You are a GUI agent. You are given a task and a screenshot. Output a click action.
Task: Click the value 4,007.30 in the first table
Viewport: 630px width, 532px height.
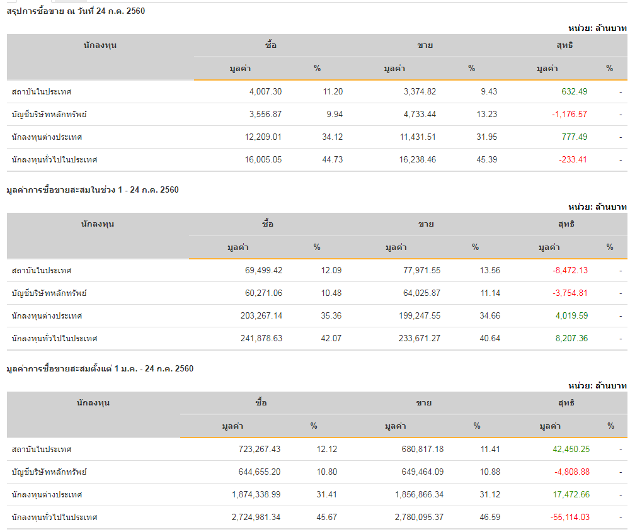pos(265,92)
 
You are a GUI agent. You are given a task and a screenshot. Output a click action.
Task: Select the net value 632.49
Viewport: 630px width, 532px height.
pos(574,92)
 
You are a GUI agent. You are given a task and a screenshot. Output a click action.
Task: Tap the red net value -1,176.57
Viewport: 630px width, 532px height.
pos(570,115)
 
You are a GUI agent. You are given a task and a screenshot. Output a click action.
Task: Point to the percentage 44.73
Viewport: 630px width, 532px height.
pos(333,160)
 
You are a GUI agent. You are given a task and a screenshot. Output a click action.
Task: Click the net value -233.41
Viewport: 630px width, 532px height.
pos(572,160)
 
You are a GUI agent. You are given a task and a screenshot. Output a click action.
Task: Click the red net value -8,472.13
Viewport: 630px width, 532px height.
pos(570,271)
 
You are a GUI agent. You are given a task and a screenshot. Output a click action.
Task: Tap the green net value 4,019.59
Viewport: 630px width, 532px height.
pos(571,316)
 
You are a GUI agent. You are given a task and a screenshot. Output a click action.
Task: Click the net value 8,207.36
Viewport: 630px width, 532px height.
pos(571,339)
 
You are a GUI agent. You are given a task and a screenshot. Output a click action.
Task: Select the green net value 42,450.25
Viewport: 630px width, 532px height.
pos(571,450)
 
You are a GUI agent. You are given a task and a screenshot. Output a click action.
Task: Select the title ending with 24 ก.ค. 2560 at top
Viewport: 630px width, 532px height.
pos(76,11)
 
